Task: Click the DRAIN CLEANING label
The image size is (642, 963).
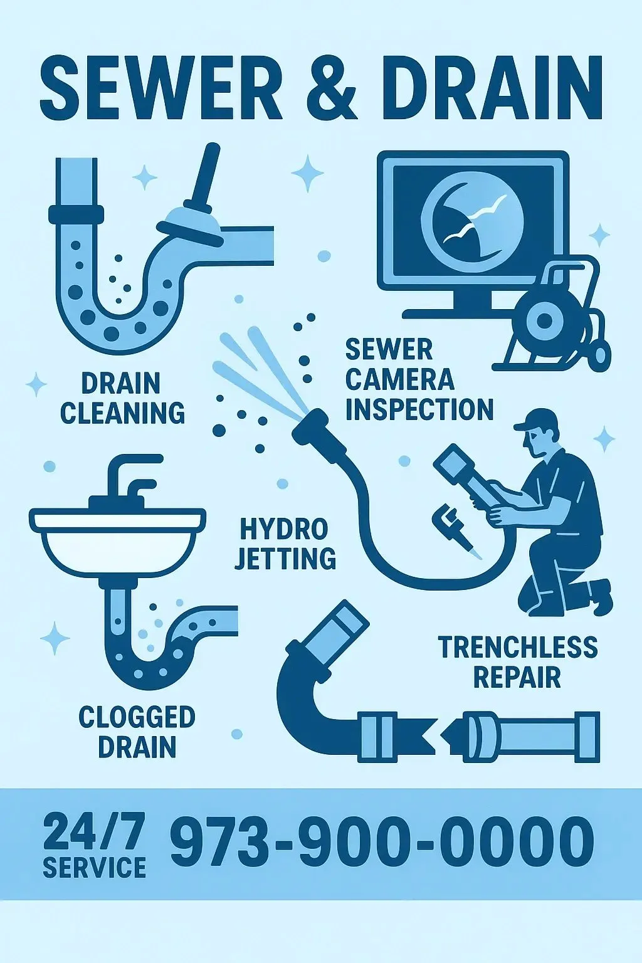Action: (122, 398)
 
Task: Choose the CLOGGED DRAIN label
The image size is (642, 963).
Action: (137, 732)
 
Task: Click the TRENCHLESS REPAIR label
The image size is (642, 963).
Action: (517, 661)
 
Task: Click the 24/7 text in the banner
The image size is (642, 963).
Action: (94, 831)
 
